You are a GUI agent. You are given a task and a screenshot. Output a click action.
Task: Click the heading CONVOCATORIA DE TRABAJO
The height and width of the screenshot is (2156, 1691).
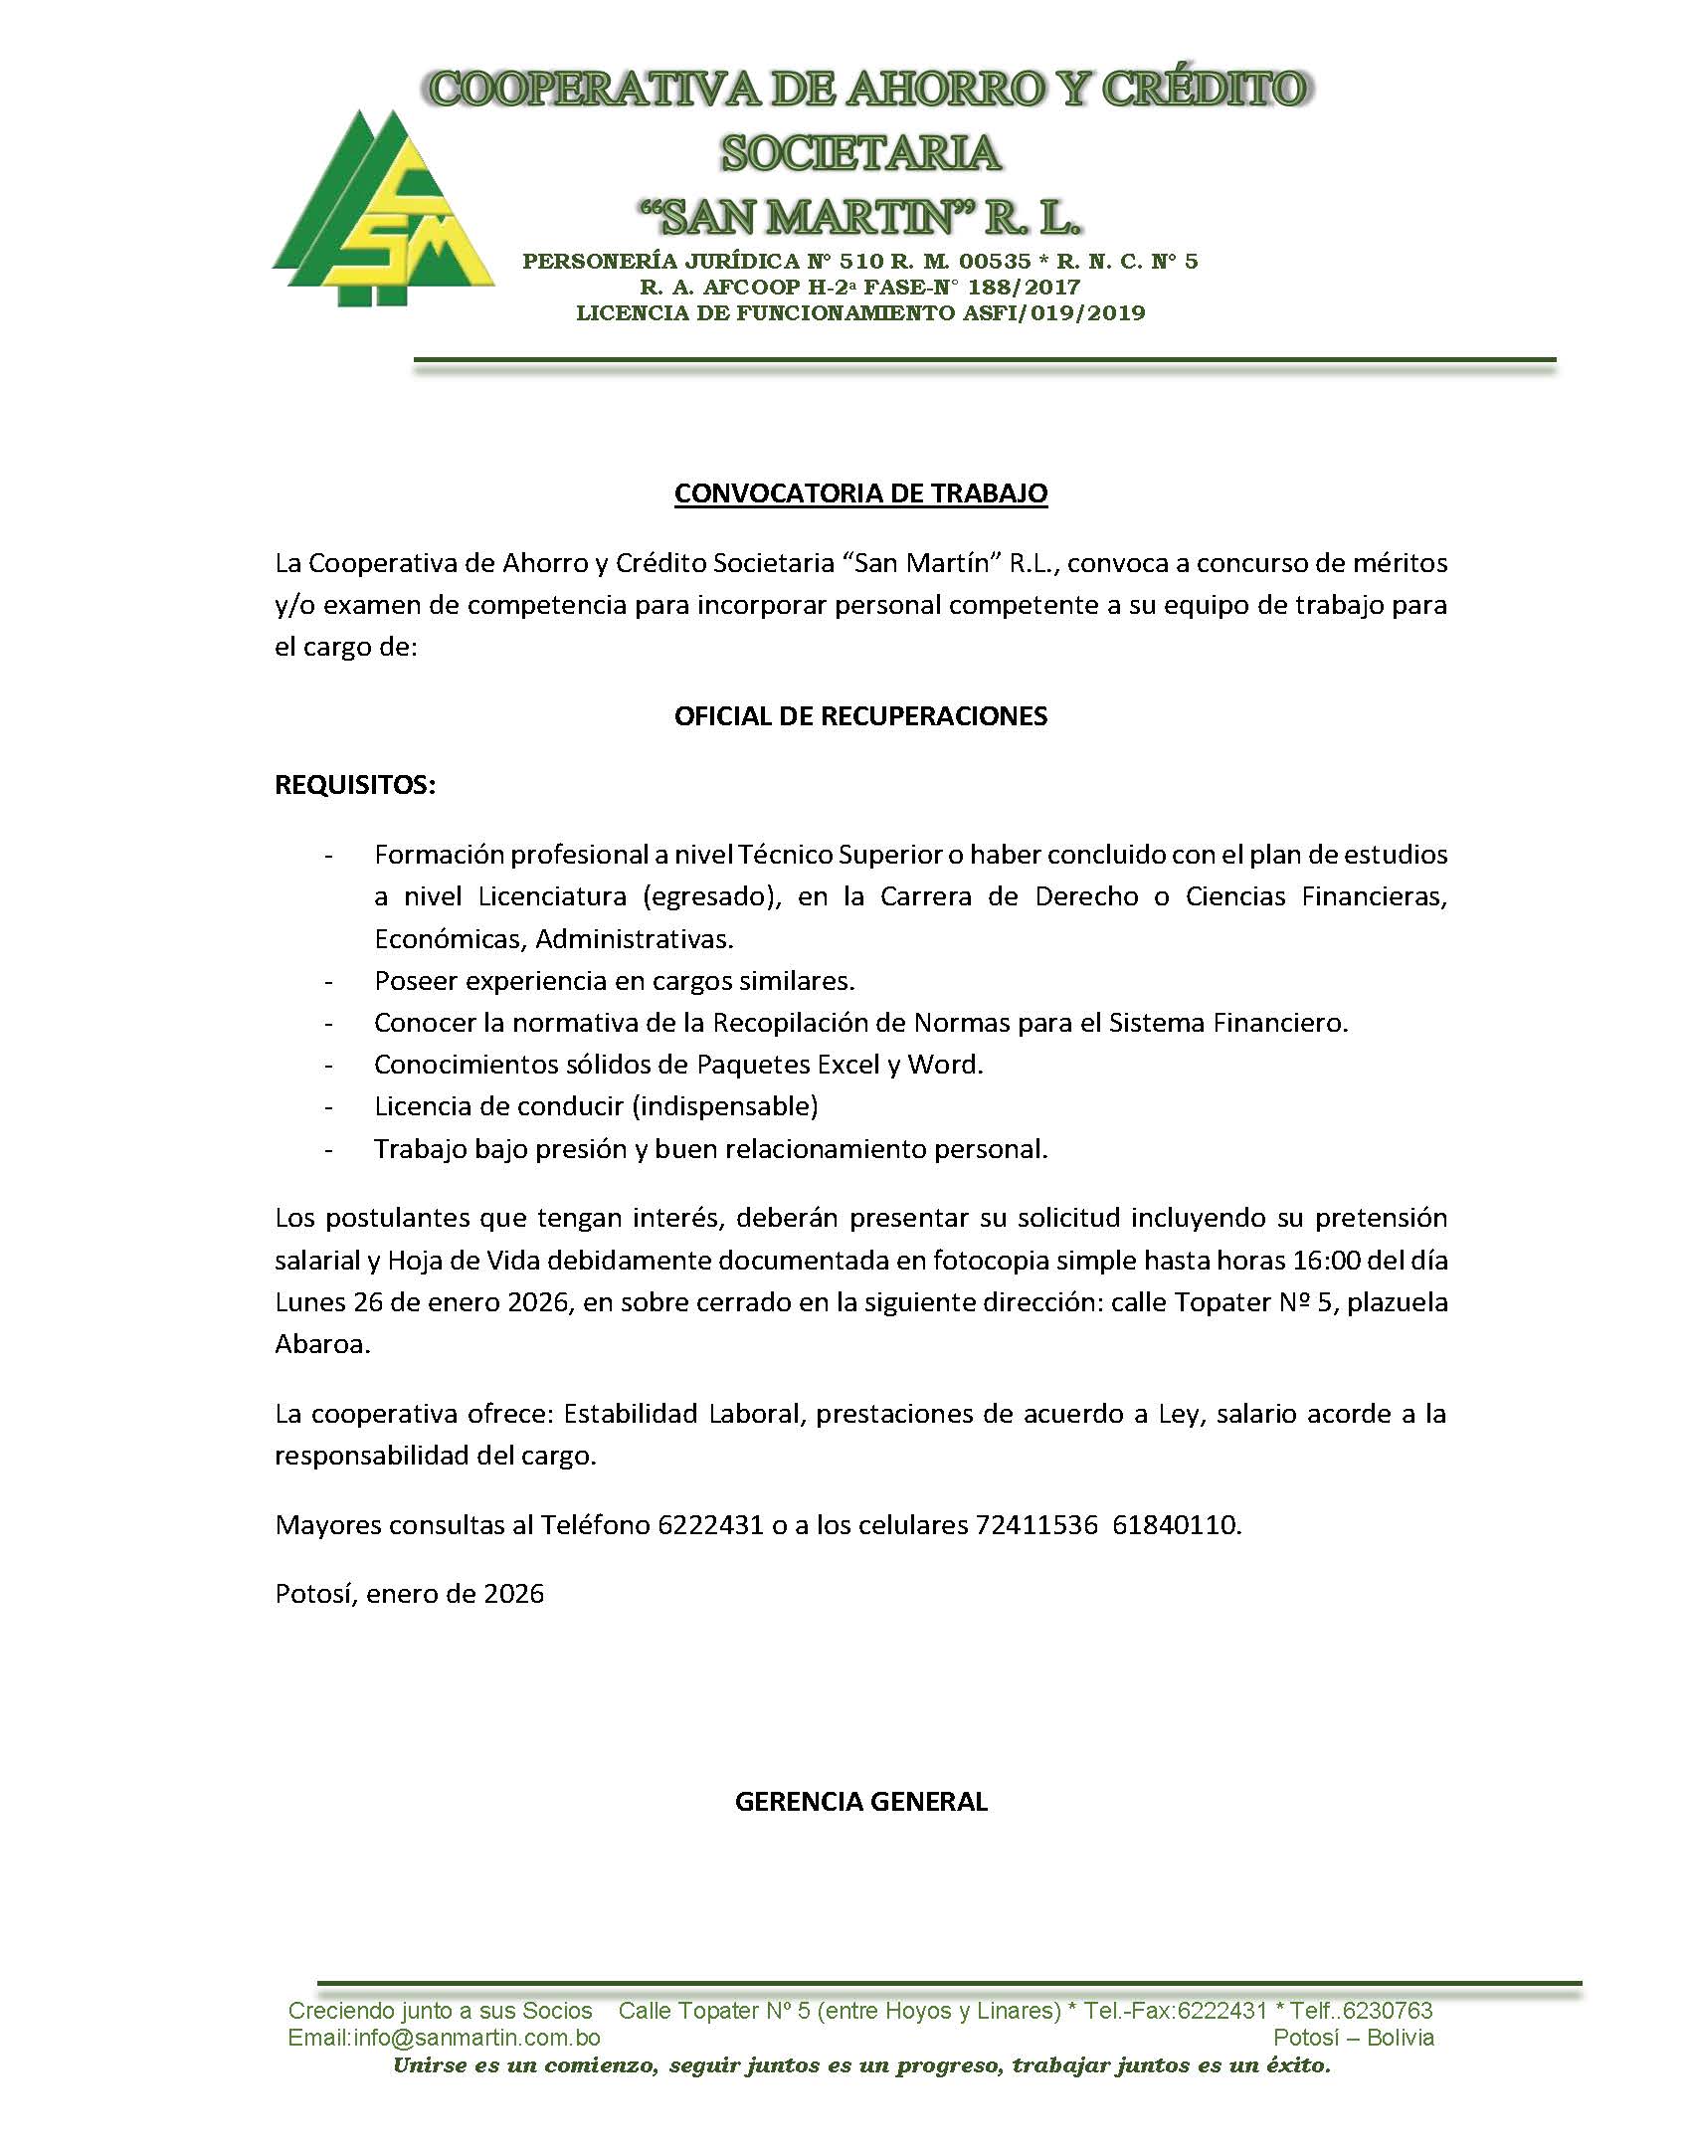860,493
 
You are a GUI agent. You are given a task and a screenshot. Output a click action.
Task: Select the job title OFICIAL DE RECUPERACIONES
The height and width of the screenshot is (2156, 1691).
860,716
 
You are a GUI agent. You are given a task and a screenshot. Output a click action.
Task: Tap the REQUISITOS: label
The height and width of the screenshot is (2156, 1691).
355,785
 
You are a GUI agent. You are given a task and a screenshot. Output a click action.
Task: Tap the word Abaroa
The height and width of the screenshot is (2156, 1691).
320,1345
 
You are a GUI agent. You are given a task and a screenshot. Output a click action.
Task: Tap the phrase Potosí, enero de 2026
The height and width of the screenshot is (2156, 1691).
410,1594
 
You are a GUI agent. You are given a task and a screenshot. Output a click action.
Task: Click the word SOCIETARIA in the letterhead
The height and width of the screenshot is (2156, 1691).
860,152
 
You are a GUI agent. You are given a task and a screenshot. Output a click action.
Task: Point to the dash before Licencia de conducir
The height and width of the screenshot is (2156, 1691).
328,1106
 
